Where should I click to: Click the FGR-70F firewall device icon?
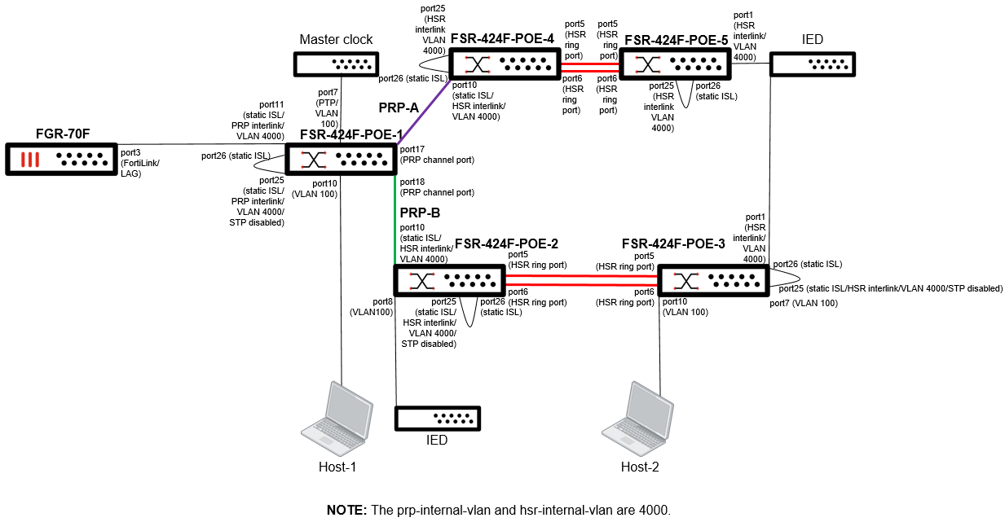point(61,158)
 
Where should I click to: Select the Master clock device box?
point(335,64)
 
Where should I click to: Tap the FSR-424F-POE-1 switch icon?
point(340,158)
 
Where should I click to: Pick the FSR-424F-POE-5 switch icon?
point(674,64)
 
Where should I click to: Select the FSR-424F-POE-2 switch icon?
point(448,281)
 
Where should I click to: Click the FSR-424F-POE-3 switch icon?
point(712,281)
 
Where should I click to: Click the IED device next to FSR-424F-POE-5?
point(812,64)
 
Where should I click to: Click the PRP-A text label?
point(398,107)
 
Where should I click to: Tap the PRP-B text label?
point(420,213)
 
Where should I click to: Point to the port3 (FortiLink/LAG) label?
point(140,163)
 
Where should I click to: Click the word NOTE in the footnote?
point(346,511)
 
